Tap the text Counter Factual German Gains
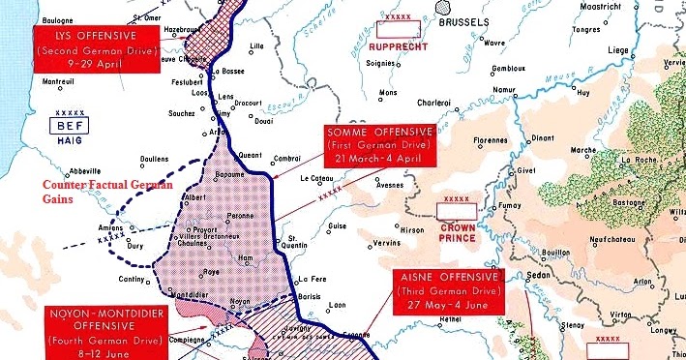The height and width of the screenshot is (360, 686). point(78,191)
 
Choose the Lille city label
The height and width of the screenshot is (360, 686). point(256,45)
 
